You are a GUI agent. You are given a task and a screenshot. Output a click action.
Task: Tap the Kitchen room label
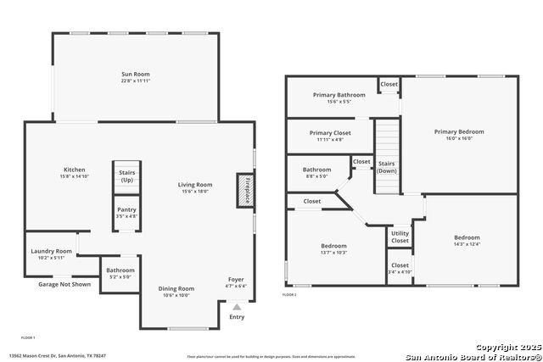tap(75, 170)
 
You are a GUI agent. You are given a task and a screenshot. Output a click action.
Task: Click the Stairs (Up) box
tap(126, 176)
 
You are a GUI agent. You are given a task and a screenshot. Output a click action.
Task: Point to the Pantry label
tap(126, 209)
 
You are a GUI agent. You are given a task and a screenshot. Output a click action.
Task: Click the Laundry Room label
tap(51, 251)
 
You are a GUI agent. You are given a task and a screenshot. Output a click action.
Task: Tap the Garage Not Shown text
tap(64, 284)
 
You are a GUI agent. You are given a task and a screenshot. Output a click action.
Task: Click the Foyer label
tap(236, 280)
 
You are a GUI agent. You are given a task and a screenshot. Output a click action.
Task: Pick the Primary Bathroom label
tap(339, 95)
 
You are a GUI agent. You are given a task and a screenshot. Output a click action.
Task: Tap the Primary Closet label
tap(330, 133)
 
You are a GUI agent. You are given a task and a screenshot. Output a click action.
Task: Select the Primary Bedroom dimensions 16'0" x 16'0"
tap(459, 139)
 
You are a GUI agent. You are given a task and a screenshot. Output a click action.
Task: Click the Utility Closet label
tap(400, 238)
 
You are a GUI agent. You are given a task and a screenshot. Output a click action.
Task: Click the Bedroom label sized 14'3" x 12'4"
tap(467, 238)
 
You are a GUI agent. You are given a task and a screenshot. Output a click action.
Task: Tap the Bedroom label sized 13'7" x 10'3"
tap(333, 246)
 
